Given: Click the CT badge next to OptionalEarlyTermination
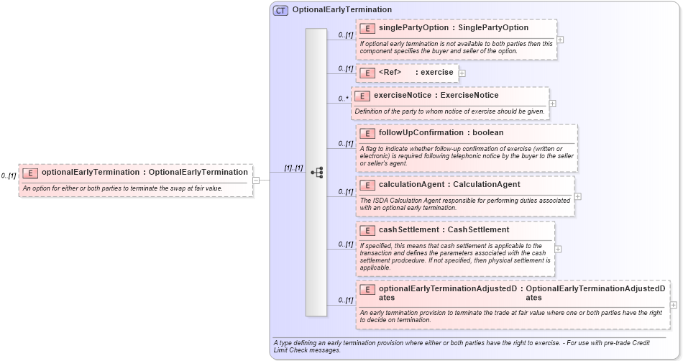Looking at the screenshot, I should [280, 10].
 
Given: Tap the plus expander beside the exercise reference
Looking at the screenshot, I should [462, 73].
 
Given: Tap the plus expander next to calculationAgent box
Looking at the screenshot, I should [578, 196].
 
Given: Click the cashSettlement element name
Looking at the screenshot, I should [408, 229].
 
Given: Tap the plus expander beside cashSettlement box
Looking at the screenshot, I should [558, 249].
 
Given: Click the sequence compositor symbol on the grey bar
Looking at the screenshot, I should [316, 173].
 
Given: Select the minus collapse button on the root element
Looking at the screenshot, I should [256, 180].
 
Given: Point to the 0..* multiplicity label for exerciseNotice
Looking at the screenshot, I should [343, 99].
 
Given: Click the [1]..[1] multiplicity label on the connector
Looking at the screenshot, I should [293, 168].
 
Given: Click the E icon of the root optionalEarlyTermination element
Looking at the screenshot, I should [30, 173].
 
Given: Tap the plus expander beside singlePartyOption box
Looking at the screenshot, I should [560, 40].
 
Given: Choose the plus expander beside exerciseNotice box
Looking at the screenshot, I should [552, 104].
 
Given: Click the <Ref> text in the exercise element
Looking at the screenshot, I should [390, 72].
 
